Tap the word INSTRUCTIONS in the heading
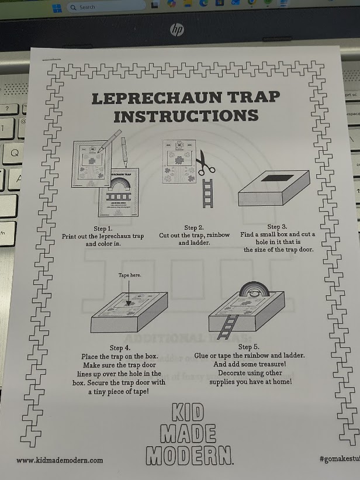tap(186, 116)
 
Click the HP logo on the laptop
tap(177, 30)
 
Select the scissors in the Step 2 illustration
tap(205, 163)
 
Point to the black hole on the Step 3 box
tap(278, 178)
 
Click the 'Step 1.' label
tap(103, 229)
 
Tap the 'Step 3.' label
tap(277, 227)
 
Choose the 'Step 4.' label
tap(120, 348)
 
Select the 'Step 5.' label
tap(248, 347)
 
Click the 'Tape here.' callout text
tap(130, 275)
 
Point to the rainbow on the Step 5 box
tap(254, 289)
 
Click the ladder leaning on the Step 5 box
tap(227, 327)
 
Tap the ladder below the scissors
tap(207, 193)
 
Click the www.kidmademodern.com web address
tap(60, 460)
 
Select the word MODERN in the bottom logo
tap(189, 456)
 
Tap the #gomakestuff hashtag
tap(340, 458)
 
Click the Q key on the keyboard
tap(15, 153)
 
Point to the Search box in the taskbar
tap(106, 7)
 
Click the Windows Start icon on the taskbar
tap(57, 8)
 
